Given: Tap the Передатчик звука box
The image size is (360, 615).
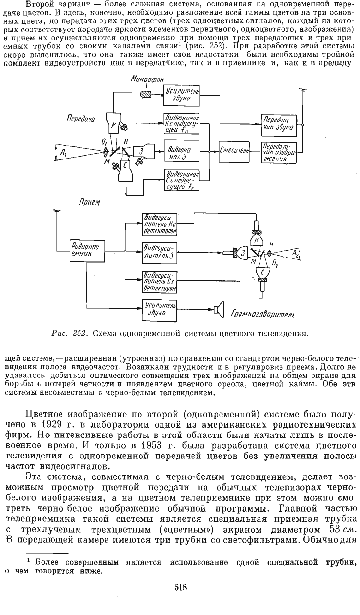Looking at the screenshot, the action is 279,125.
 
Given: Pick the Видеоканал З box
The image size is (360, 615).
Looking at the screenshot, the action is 181,151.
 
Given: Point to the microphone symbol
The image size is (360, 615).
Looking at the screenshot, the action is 145,95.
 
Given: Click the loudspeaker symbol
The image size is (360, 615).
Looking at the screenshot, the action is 219,309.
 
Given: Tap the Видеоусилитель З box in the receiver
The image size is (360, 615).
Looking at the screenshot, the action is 160,253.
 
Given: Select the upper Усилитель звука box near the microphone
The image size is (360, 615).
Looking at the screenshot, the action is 181,95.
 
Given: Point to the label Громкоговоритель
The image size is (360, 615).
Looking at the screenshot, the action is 262,314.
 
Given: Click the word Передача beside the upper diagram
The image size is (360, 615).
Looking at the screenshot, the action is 81,119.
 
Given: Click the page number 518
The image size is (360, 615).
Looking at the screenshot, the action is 180,588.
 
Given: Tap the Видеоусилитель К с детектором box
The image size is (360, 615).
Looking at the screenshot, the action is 160,224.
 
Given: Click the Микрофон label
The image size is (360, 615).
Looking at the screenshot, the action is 147,79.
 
